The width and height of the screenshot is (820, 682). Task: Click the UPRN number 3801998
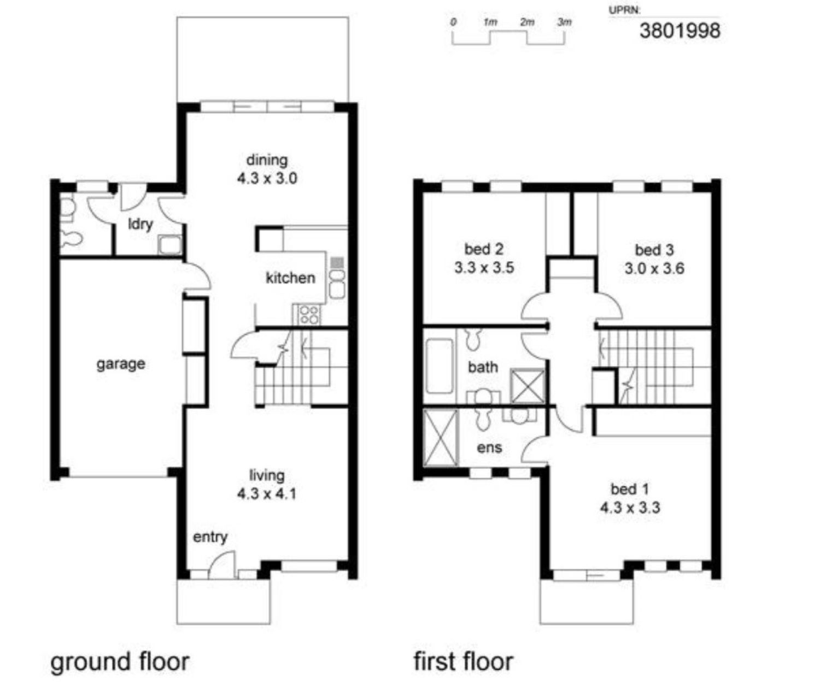(x=680, y=30)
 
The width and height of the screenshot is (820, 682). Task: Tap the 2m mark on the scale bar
(x=528, y=23)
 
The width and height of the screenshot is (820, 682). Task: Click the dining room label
(x=267, y=160)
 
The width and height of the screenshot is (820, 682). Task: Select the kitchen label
(x=291, y=278)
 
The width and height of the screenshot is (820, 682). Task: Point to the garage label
(x=121, y=364)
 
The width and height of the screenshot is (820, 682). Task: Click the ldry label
(x=140, y=224)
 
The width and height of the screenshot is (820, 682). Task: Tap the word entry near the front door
(x=210, y=537)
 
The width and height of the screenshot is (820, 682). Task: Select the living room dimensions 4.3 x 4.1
(x=267, y=493)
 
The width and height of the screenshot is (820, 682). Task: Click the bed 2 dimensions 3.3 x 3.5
(x=484, y=268)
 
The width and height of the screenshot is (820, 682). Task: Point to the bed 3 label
(x=654, y=250)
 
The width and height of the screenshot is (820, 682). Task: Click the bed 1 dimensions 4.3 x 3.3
(x=630, y=508)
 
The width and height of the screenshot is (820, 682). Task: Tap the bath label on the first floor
(x=483, y=367)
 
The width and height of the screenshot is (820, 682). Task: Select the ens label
(x=489, y=448)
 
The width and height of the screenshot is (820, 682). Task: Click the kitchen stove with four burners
(x=309, y=315)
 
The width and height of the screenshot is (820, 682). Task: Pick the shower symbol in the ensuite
(x=441, y=438)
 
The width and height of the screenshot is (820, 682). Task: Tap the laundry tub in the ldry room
(x=170, y=245)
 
